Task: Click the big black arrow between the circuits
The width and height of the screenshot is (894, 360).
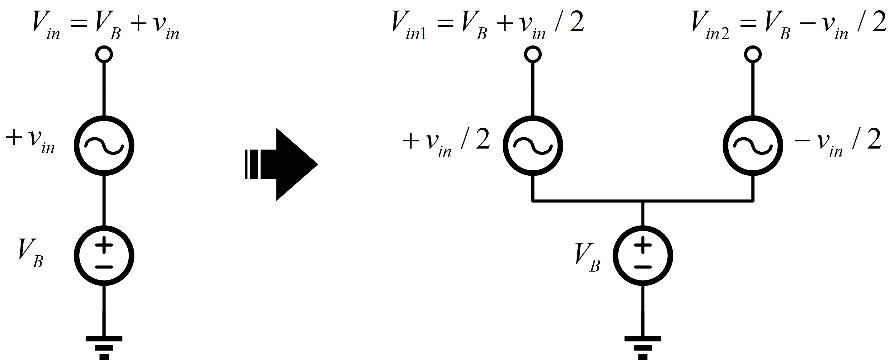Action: (285, 164)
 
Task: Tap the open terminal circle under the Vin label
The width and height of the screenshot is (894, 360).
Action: (104, 54)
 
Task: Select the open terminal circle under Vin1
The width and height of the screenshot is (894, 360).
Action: (533, 54)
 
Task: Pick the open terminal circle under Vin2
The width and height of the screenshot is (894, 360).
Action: (753, 54)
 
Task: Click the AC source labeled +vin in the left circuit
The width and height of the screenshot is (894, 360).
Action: (104, 146)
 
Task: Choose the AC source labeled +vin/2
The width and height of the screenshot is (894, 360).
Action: (533, 146)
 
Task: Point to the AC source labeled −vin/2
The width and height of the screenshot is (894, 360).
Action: (753, 146)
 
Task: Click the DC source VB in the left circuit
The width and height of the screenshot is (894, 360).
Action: (104, 256)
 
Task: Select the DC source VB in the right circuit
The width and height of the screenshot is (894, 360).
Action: (643, 256)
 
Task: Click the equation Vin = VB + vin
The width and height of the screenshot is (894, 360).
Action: (106, 24)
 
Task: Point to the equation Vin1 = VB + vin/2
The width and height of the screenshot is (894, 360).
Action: (487, 24)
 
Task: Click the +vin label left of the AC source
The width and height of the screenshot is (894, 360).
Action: (31, 140)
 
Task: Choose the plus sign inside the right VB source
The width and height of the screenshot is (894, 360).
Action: (643, 245)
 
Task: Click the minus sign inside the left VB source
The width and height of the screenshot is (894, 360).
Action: (104, 267)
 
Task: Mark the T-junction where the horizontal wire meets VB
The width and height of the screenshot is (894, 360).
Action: (643, 201)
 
